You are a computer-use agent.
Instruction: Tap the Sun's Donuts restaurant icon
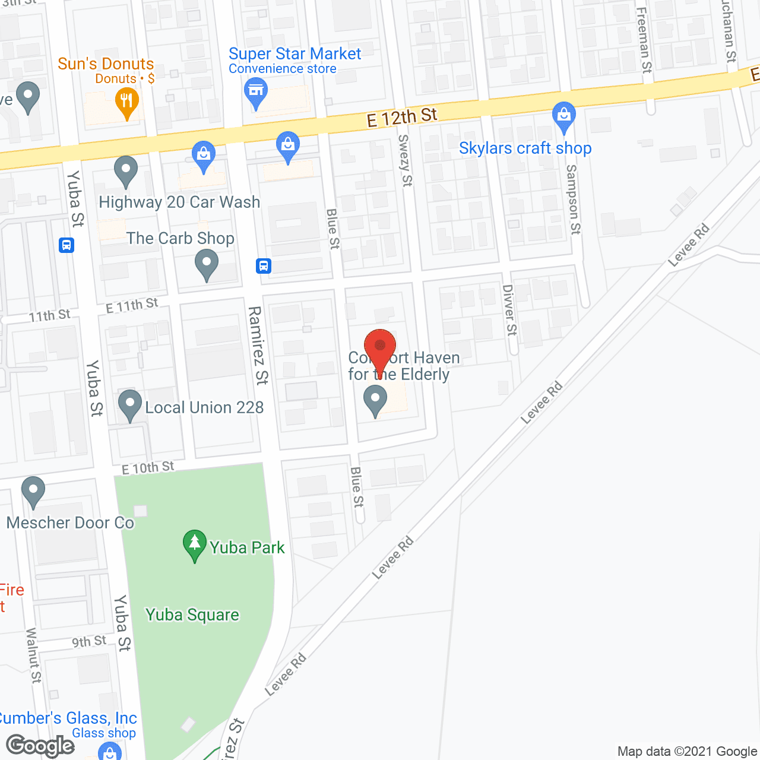(126, 102)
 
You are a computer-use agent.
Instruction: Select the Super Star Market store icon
(256, 93)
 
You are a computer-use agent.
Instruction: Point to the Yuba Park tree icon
(194, 544)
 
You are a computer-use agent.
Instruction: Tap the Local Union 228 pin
(130, 404)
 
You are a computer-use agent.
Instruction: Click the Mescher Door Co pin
(33, 491)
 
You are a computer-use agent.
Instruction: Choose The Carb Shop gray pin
(207, 264)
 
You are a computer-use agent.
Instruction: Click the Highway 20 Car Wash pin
(125, 170)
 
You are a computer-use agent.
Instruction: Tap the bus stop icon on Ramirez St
(264, 265)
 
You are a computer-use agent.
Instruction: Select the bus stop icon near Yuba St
(66, 245)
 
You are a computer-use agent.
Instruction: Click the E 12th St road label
(402, 118)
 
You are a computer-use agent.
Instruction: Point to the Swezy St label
(405, 160)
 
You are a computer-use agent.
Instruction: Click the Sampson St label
(573, 199)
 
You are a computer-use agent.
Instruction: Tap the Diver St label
(509, 310)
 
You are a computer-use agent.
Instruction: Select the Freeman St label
(644, 40)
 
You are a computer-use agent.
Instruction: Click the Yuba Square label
(192, 615)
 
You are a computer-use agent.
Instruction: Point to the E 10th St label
(148, 468)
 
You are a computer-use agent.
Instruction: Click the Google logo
(40, 745)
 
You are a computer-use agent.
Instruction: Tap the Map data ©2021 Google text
(688, 751)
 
